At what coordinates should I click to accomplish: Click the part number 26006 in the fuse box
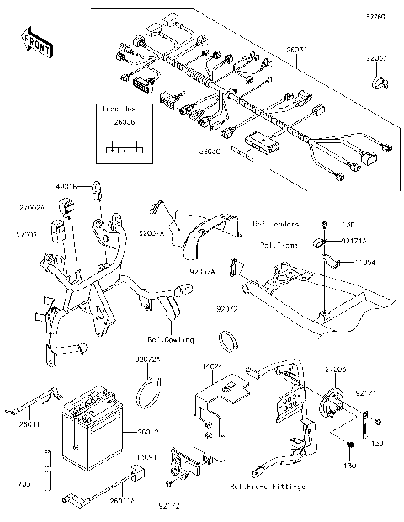[122, 121]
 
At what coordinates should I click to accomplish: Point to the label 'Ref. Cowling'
[171, 341]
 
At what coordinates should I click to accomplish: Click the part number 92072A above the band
[147, 360]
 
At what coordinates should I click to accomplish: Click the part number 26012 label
[147, 434]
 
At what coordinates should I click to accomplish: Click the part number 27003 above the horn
[335, 369]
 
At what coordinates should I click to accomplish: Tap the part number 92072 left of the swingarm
[227, 309]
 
